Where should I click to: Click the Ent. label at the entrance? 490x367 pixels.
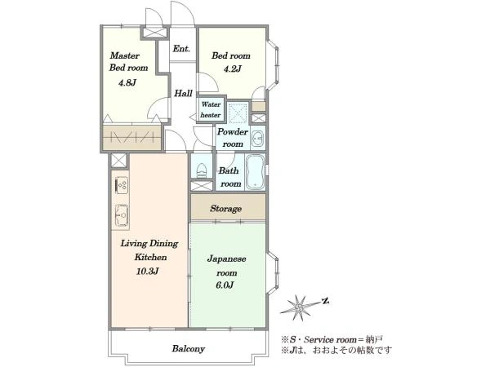point(181,49)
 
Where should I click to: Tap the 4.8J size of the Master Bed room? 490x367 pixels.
point(127,82)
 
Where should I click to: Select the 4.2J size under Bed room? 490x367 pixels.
point(233,69)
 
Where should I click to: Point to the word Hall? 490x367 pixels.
point(183,93)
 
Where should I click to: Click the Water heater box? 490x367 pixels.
point(211,109)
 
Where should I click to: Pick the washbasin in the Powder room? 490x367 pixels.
point(258,138)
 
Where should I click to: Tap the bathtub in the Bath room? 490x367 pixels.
point(255,172)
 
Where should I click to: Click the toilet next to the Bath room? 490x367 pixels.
point(202,170)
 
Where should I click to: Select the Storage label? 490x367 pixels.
point(225,209)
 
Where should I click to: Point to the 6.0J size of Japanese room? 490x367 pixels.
point(225,285)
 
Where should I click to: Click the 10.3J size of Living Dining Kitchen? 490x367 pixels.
point(148,272)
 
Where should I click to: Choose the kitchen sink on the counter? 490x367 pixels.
point(122,214)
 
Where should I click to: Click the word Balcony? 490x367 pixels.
point(189,348)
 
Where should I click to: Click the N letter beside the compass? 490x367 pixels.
point(326,301)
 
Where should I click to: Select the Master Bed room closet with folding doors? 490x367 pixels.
point(132,137)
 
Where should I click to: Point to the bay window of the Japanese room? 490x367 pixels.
point(273,272)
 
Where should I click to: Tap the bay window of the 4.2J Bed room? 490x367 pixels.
point(273,65)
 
